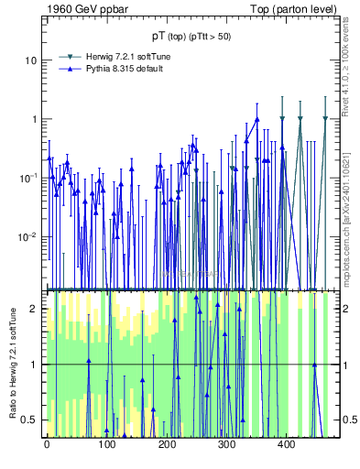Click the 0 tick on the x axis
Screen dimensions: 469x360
[47, 445]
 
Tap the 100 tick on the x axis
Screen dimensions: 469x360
[106, 445]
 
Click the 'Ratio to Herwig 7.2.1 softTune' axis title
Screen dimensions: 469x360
[12, 365]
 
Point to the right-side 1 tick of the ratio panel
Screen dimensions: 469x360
[336, 365]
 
